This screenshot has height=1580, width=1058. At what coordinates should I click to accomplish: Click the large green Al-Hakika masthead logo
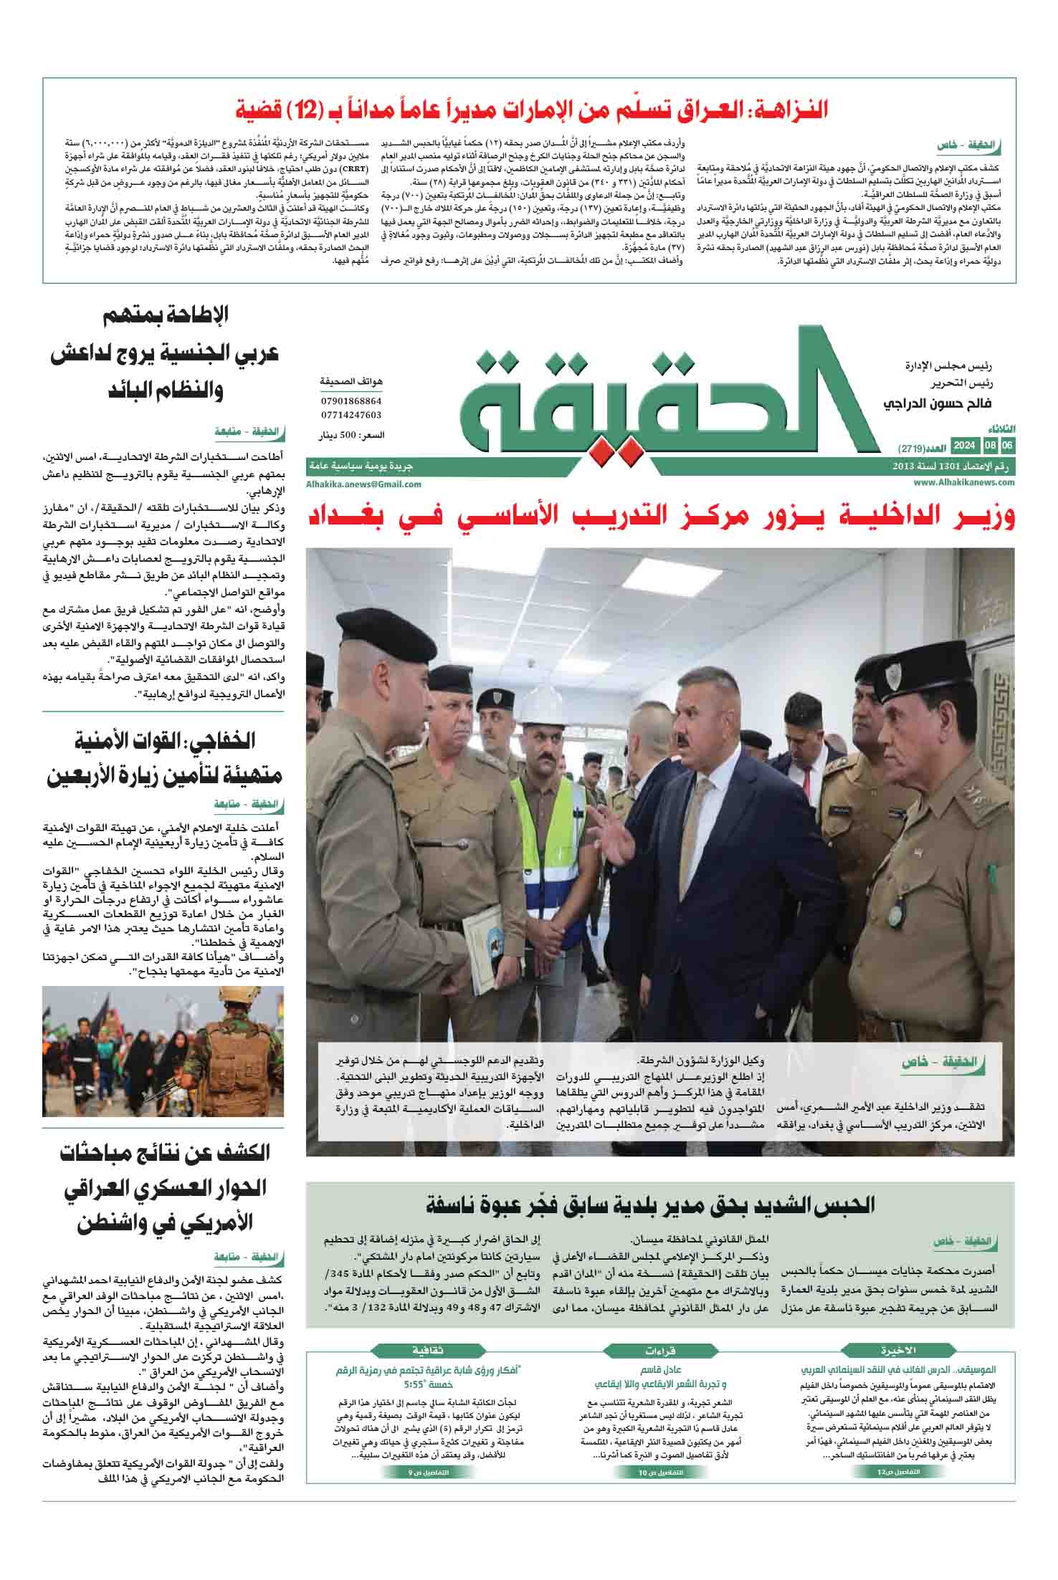667,401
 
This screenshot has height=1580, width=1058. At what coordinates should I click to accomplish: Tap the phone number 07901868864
351,402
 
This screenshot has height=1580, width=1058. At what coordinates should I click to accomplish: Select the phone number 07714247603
351,415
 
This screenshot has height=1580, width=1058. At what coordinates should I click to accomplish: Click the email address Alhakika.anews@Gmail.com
363,484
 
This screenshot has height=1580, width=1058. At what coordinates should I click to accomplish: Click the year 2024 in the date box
963,446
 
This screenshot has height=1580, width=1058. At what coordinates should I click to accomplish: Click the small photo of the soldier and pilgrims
163,1054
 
